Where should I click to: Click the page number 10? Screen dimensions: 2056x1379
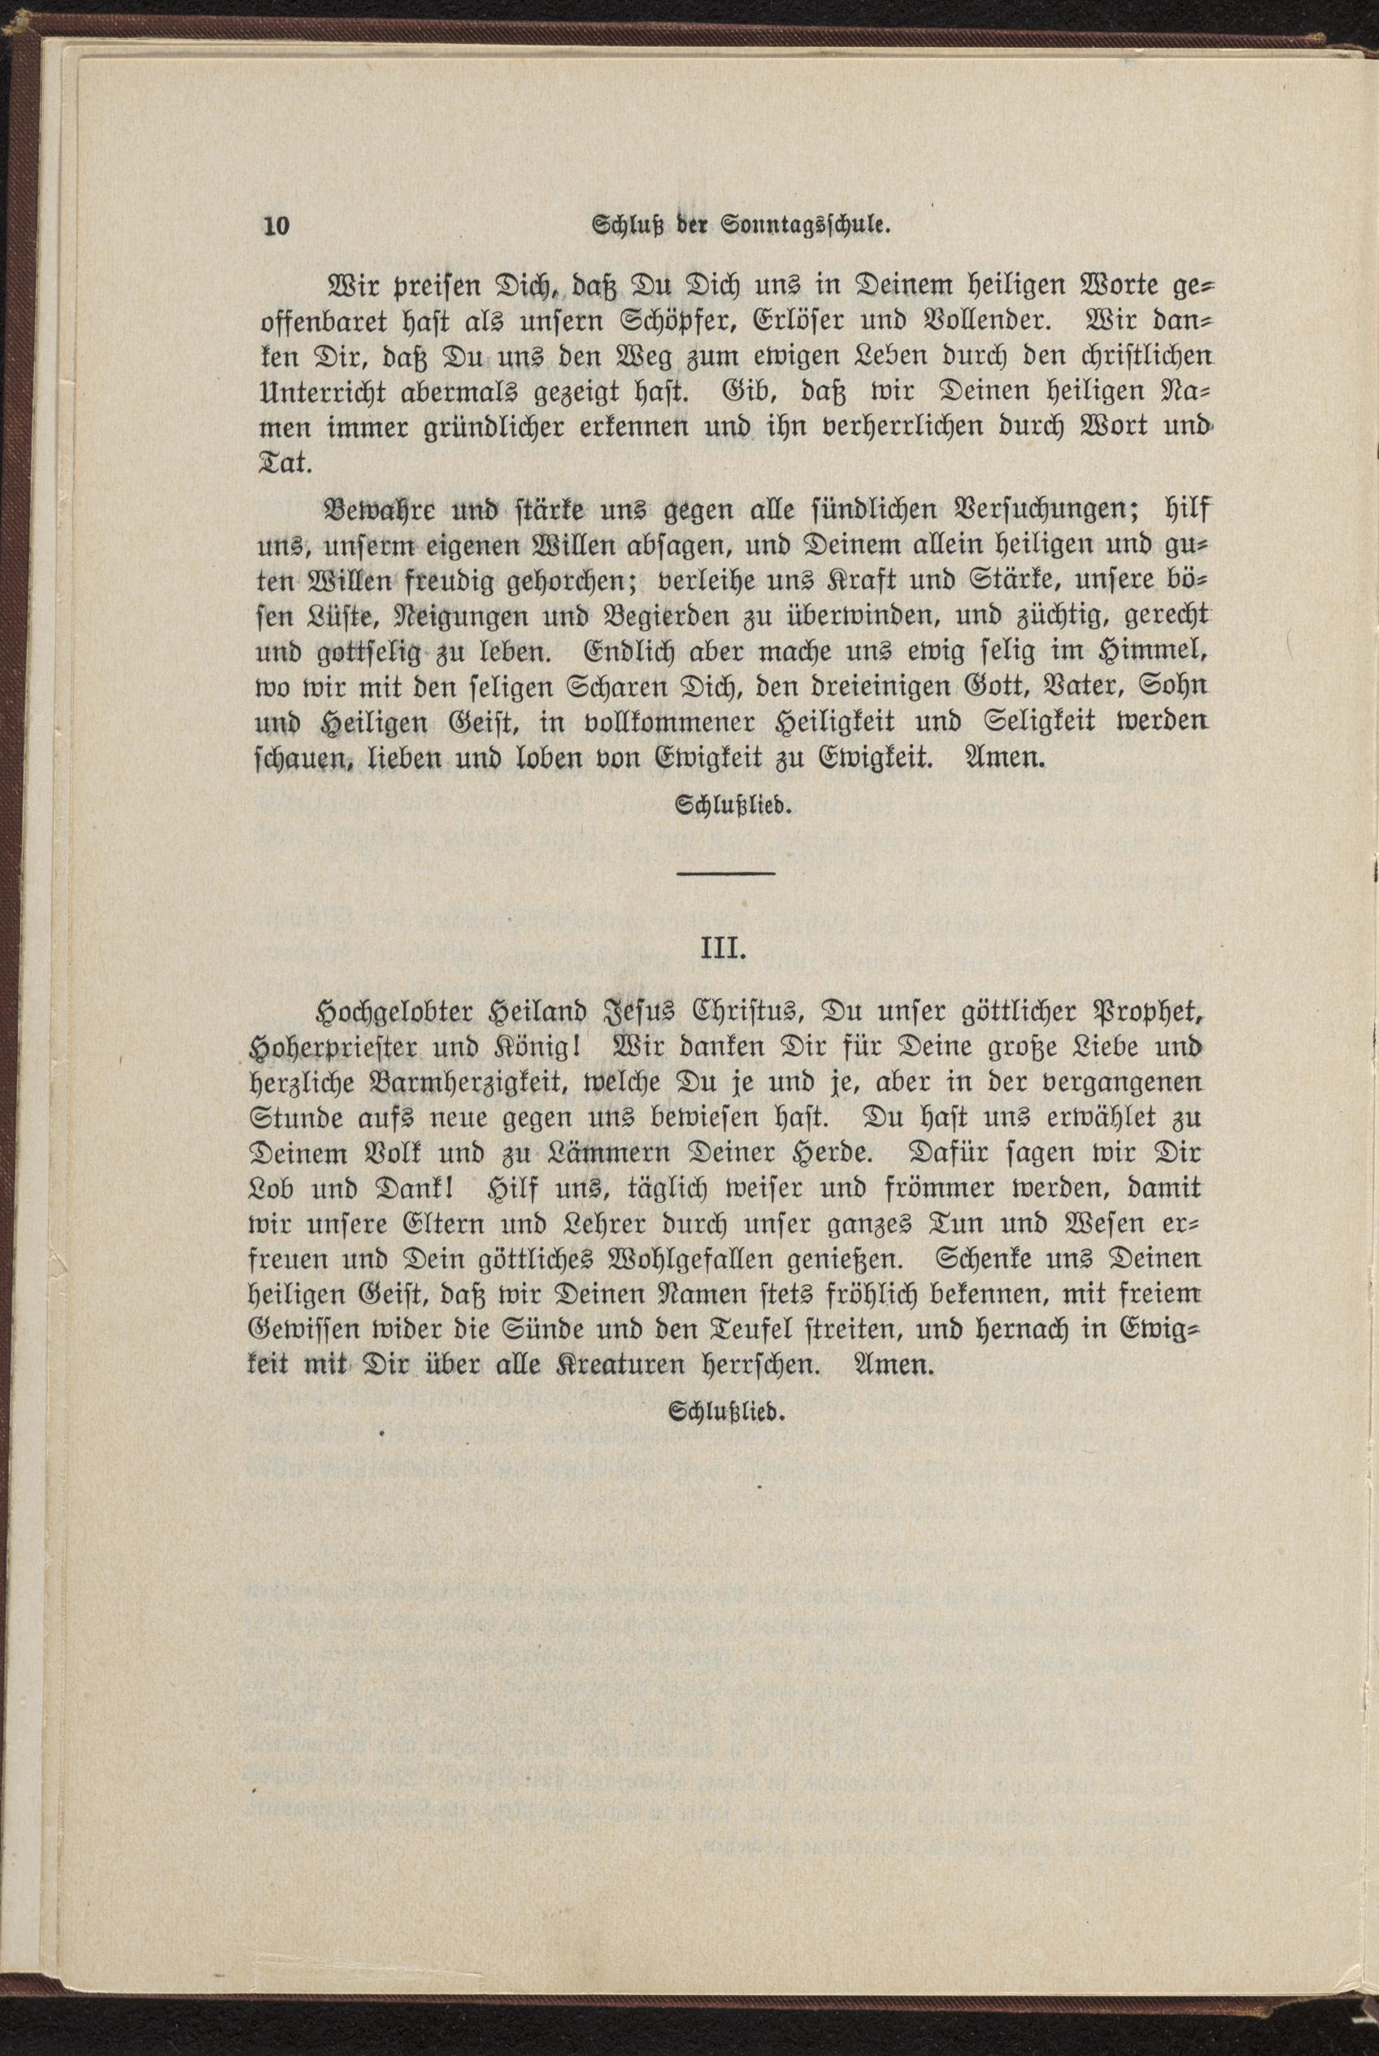276,226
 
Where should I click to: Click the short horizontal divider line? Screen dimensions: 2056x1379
725,873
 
